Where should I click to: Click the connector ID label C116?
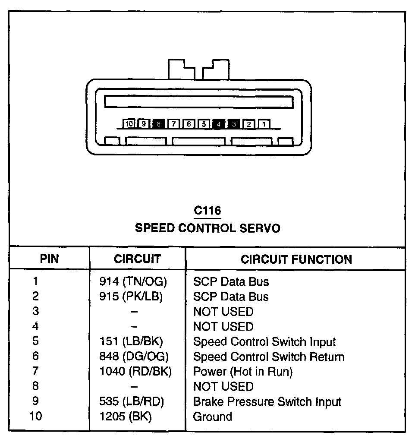tap(207, 211)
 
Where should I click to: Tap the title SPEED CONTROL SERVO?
tap(207, 228)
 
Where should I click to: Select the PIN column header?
tap(49, 259)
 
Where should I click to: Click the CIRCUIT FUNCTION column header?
tap(296, 259)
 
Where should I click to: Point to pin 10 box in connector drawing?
tap(129, 124)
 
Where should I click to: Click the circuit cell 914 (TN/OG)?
tap(133, 282)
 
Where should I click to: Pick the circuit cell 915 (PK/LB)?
tap(131, 297)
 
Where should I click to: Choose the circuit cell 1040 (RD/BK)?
tap(135, 372)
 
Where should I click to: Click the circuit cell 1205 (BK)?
tap(126, 417)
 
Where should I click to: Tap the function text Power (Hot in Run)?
tap(242, 372)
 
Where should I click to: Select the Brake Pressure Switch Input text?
tap(267, 402)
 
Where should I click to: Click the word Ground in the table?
tap(212, 417)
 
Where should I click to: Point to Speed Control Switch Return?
tap(268, 357)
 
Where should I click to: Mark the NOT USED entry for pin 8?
tap(223, 387)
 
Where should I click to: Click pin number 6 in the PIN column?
tap(35, 357)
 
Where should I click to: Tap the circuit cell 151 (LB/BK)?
tap(131, 342)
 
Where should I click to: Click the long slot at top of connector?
tap(199, 102)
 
